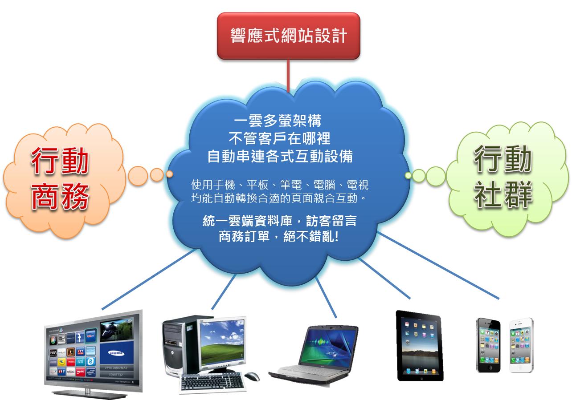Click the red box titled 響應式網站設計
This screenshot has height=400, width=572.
click(x=288, y=36)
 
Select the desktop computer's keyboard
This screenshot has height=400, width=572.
click(x=212, y=382)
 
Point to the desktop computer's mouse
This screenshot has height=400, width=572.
click(x=252, y=376)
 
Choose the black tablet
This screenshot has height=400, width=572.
click(x=419, y=346)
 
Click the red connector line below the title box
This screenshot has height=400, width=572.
click(x=288, y=76)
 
